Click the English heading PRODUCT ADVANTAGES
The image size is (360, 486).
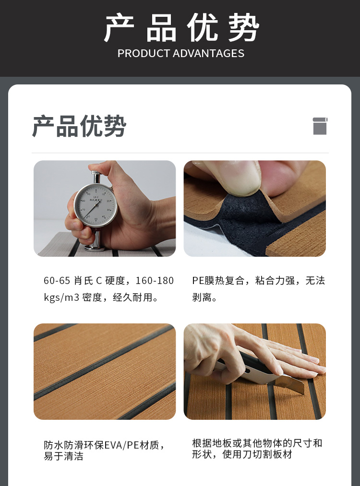tap(181, 53)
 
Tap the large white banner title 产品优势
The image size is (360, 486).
tap(181, 27)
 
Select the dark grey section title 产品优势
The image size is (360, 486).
tap(79, 126)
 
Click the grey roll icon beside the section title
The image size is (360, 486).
tap(320, 126)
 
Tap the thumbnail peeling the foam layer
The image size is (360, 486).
tap(254, 208)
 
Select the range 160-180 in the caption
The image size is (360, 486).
tap(155, 281)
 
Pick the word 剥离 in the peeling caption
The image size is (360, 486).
tap(202, 297)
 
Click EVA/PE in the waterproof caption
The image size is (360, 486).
tap(121, 445)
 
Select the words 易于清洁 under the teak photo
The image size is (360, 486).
tap(63, 456)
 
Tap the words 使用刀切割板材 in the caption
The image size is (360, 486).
tap(257, 454)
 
